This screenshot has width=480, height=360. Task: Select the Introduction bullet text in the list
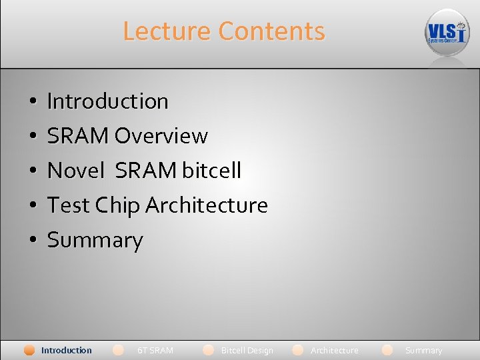click(107, 101)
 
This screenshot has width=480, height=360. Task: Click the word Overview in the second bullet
click(161, 136)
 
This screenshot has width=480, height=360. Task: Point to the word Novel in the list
click(76, 171)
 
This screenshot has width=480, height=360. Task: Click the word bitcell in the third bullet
click(211, 171)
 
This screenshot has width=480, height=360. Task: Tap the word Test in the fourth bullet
click(68, 205)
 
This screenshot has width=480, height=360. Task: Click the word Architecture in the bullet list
click(207, 205)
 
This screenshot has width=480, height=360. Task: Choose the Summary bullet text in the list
click(95, 240)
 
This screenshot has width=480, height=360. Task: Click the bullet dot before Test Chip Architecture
click(33, 206)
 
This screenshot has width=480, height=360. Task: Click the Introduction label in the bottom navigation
click(67, 350)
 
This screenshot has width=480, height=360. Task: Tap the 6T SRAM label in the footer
click(155, 350)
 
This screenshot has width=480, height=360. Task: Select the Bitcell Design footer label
click(247, 350)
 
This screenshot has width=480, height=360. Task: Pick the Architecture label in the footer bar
click(335, 350)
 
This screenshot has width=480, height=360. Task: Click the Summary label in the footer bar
click(423, 350)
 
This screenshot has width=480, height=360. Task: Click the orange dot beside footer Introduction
click(29, 350)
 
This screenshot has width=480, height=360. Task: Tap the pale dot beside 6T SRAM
click(119, 349)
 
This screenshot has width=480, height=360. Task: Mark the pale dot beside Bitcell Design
click(209, 349)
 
